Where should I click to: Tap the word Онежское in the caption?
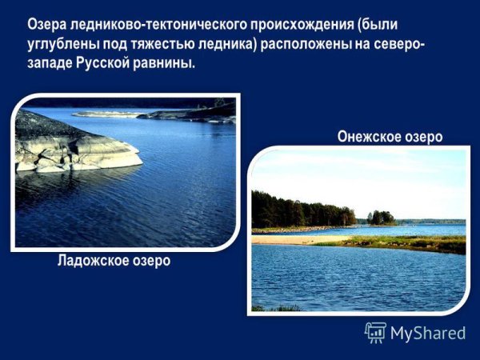coord(369,137)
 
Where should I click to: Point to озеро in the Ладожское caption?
coord(150,262)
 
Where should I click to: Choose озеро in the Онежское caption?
coord(422,137)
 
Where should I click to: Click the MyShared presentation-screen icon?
coord(375,332)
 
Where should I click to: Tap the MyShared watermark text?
coord(428,333)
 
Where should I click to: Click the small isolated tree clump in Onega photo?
coord(382,217)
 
